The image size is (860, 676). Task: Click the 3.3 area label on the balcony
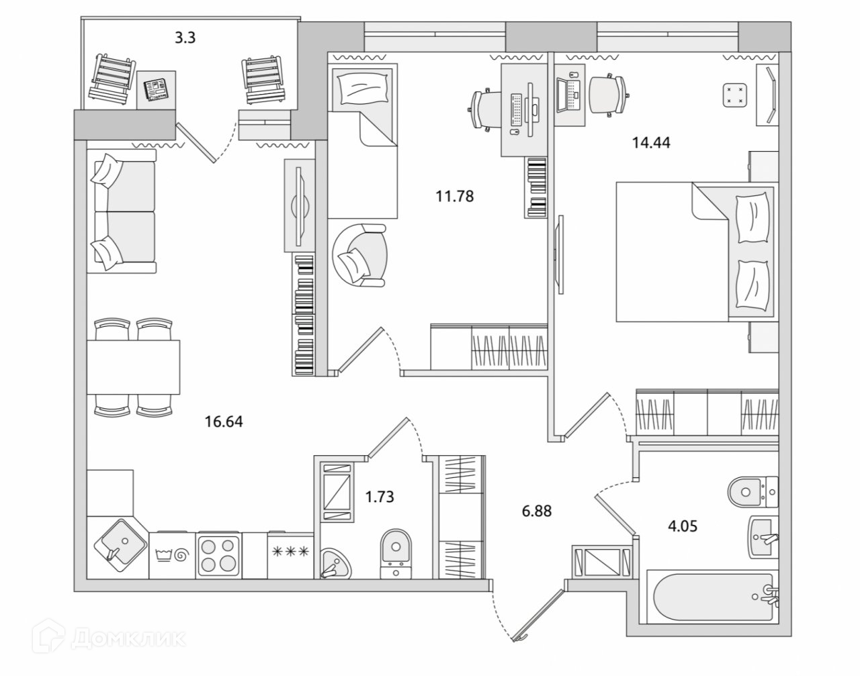click(x=185, y=38)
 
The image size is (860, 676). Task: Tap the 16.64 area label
click(x=224, y=422)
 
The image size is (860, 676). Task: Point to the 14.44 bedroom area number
click(x=651, y=142)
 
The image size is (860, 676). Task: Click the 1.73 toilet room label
click(x=379, y=497)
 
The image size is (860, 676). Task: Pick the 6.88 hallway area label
click(x=536, y=511)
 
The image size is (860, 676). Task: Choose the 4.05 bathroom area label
click(x=683, y=526)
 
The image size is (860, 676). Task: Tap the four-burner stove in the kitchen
click(x=218, y=554)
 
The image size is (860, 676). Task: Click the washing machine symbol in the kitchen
click(x=172, y=554)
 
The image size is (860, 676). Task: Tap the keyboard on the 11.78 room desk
click(x=517, y=108)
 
